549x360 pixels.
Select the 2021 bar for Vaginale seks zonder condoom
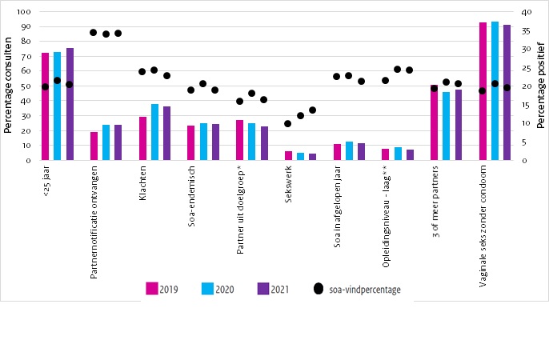point(507,93)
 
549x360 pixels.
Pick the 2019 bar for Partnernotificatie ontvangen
point(94,146)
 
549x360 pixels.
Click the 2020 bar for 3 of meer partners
point(446,126)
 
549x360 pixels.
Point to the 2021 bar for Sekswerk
point(312,157)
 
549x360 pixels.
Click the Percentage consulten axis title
point(8,86)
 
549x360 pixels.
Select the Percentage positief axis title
point(541,86)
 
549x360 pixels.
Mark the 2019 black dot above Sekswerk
point(288,123)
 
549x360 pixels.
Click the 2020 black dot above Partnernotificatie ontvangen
point(106,34)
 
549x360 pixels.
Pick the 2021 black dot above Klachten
point(166,75)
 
